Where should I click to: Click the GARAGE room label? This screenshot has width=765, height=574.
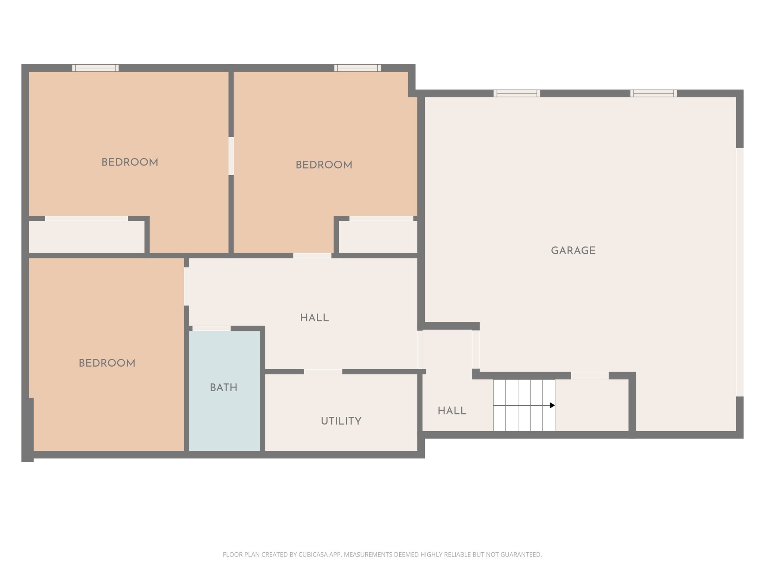tap(573, 250)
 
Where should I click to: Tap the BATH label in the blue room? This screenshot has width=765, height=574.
tap(223, 388)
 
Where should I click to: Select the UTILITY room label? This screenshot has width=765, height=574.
tap(341, 421)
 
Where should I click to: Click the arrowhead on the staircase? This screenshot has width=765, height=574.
tap(552, 405)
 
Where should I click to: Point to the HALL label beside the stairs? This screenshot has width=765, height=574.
tap(452, 411)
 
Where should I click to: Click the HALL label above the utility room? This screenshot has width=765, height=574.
tap(314, 318)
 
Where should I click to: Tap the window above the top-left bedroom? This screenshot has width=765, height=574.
tap(95, 68)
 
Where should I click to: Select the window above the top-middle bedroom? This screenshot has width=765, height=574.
tap(357, 68)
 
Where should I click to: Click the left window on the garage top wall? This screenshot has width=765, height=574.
tap(517, 93)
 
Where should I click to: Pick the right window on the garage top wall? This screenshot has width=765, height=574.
tap(653, 93)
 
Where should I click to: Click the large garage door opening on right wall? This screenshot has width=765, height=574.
tap(739, 272)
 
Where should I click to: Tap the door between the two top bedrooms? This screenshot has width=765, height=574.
tap(231, 156)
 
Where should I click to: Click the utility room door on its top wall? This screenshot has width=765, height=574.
tap(323, 371)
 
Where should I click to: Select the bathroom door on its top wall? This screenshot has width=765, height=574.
tap(211, 328)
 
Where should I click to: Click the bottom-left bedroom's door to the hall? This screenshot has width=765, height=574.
tap(186, 286)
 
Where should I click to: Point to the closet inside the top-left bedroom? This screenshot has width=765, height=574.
tap(87, 237)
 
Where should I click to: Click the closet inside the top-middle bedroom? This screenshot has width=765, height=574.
tap(378, 237)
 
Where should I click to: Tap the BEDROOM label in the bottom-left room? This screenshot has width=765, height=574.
tap(107, 363)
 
